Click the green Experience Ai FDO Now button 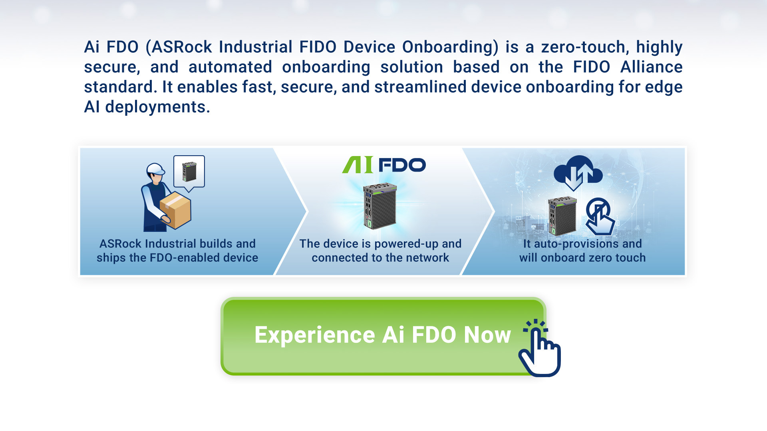pos(383,336)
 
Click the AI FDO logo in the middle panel pos(384,165)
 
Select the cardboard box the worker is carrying pos(175,210)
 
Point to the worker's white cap pos(155,169)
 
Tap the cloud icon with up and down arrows pos(578,173)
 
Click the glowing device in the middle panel pos(380,206)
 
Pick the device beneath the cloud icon pos(562,216)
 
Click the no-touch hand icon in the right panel pos(600,216)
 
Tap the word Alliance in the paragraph pos(652,67)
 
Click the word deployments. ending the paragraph pos(157,107)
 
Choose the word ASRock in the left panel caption pos(120,243)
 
